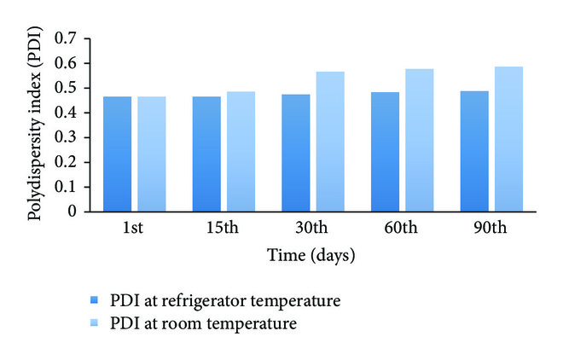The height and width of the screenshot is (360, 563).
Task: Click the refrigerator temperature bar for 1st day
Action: [x=117, y=154]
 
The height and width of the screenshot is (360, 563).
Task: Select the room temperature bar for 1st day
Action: [x=151, y=154]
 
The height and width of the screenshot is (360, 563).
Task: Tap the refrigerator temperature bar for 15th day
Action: [x=206, y=154]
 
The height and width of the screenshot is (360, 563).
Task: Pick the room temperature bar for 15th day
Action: [x=241, y=151]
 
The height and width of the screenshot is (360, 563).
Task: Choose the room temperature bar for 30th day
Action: [x=330, y=141]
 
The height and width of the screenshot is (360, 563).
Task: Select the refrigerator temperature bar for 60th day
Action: [x=385, y=151]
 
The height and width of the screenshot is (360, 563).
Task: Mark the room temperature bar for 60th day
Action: [x=419, y=139]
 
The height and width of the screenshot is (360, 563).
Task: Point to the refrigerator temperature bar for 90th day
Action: [x=474, y=150]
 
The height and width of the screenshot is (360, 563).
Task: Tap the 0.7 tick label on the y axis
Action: [x=66, y=38]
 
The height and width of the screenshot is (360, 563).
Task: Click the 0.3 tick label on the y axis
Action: [x=66, y=136]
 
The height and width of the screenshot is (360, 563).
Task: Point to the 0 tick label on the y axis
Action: [x=73, y=211]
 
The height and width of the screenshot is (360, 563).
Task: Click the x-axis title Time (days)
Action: [x=311, y=255]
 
